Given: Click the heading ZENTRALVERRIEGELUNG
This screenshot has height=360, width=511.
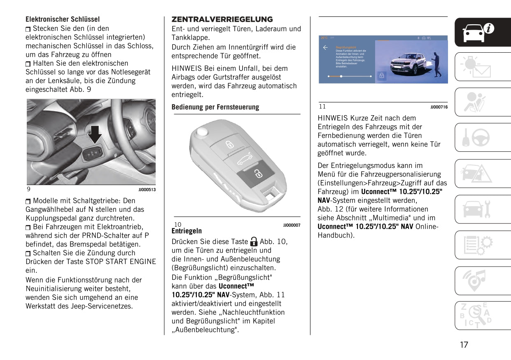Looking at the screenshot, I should pyautogui.click(x=222, y=19).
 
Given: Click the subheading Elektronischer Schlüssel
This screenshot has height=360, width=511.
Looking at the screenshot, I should pyautogui.click(x=63, y=19).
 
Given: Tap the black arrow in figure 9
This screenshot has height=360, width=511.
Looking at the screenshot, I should pyautogui.click(x=96, y=134).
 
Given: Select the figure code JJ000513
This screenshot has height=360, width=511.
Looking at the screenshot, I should pyautogui.click(x=147, y=189).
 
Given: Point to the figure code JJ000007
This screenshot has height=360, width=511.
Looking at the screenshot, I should pyautogui.click(x=292, y=225).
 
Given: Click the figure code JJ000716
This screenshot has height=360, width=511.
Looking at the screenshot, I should pyautogui.click(x=439, y=107).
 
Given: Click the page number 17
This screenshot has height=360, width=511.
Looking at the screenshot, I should pyautogui.click(x=464, y=345).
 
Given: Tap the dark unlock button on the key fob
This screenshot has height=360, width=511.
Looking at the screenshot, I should pyautogui.click(x=257, y=174).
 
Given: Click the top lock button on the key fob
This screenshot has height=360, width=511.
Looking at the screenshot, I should pyautogui.click(x=229, y=144).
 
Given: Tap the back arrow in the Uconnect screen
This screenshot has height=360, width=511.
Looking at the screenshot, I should pyautogui.click(x=325, y=48).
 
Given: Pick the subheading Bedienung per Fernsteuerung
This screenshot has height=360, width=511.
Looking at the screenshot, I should pyautogui.click(x=215, y=107).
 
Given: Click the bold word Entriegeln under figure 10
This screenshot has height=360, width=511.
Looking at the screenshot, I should pyautogui.click(x=187, y=231).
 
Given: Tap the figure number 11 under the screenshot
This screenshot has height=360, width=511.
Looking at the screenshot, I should pyautogui.click(x=322, y=106).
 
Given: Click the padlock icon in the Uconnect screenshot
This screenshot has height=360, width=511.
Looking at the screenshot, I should pyautogui.click(x=382, y=76).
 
